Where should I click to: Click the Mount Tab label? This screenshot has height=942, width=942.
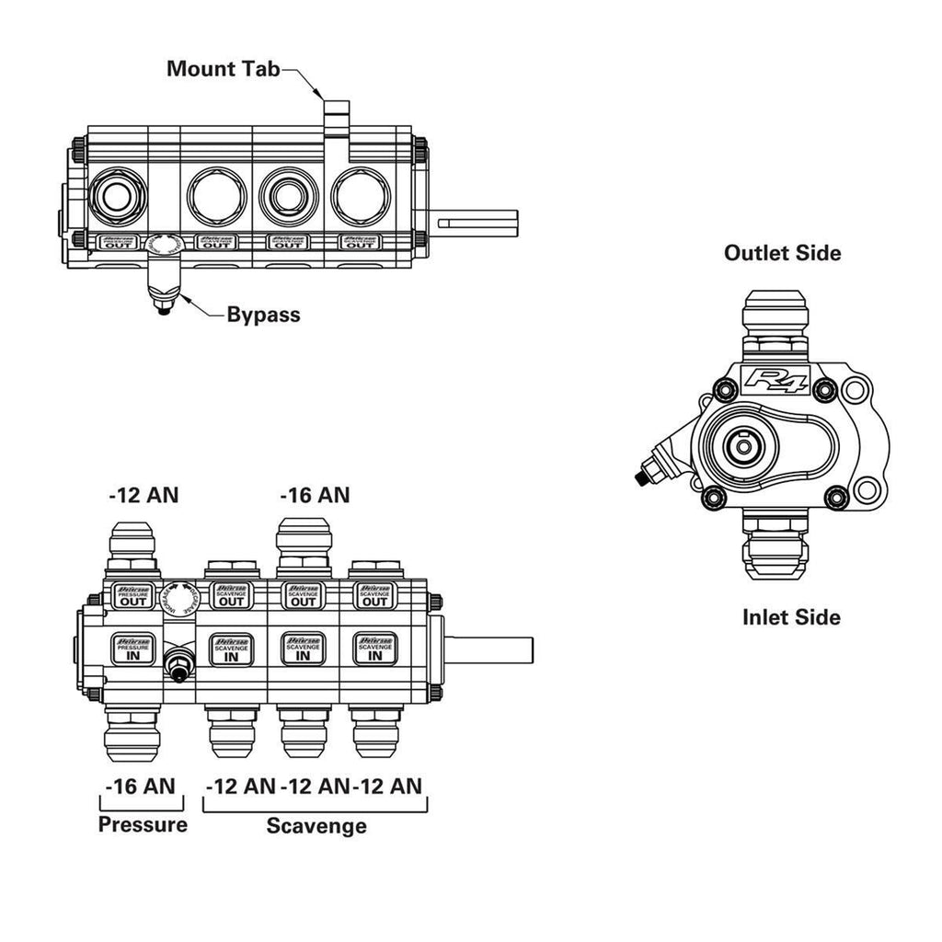point(223,69)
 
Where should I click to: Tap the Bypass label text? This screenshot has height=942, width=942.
point(263,315)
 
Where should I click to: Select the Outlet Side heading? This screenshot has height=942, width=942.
point(782,252)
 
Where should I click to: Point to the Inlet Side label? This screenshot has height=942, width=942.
point(791,616)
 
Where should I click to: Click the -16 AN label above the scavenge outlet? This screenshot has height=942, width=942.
point(315,495)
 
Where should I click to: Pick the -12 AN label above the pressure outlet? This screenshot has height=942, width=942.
point(144,495)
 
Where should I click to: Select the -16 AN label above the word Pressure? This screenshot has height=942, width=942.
point(139,787)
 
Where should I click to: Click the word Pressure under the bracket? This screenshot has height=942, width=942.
point(143,823)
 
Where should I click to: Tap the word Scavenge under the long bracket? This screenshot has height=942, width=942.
point(316,825)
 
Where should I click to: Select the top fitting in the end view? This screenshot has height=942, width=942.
point(777,317)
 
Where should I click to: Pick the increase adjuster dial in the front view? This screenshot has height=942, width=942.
point(177,597)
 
